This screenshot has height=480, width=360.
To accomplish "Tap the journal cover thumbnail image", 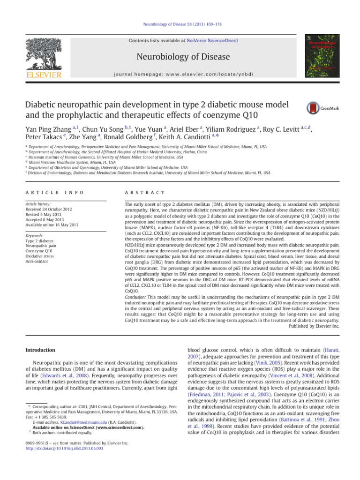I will (322, 56).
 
